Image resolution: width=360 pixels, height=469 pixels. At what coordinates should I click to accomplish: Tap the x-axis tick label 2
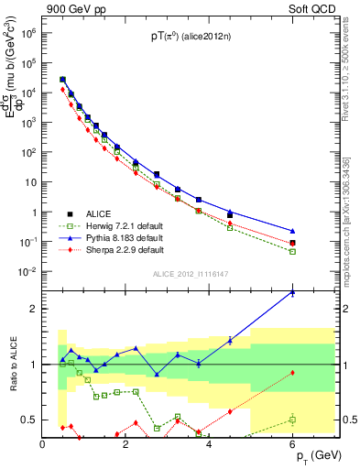[x=125, y=444]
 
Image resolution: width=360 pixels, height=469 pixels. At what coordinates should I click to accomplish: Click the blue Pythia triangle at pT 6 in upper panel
[x=292, y=231]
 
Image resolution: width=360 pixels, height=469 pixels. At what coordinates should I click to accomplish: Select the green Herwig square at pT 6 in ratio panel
[x=292, y=420]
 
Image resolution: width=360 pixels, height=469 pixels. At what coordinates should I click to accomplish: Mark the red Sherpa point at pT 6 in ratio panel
[x=292, y=373]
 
